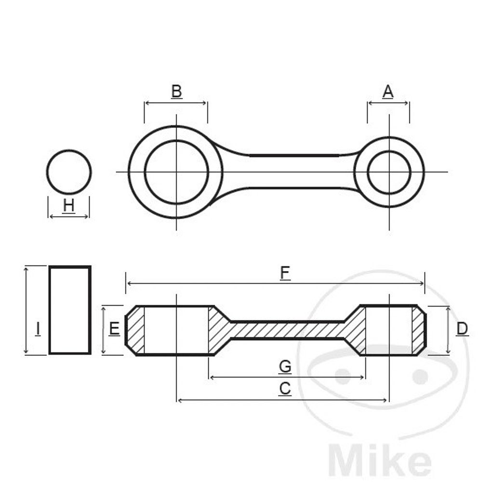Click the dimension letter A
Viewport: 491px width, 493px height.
[388, 91]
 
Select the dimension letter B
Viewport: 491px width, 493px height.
[176, 91]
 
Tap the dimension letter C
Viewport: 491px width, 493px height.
[285, 389]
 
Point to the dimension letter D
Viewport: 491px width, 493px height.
[462, 329]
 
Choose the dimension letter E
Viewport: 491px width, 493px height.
[114, 329]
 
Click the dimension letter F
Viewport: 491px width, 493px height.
[285, 272]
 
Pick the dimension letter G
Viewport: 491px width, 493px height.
[285, 366]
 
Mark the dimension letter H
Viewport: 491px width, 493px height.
[68, 206]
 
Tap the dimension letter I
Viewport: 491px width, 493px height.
[38, 329]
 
